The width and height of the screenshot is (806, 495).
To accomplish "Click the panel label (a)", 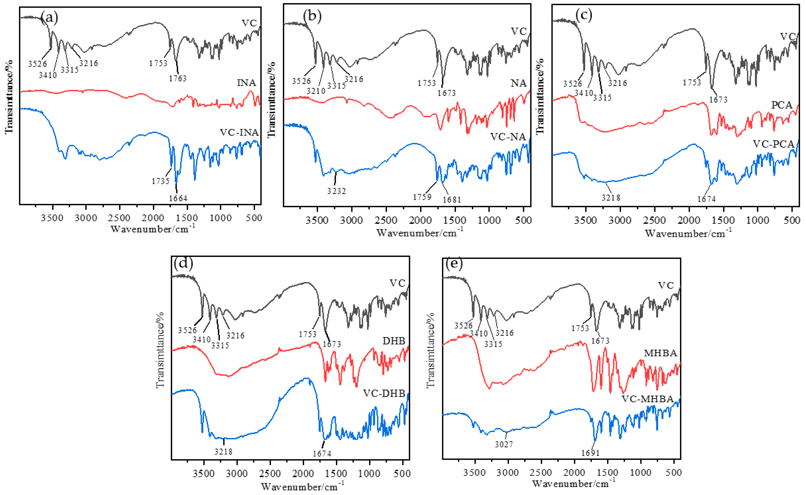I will [x=50, y=17].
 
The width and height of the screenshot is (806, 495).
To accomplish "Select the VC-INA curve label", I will [x=239, y=133].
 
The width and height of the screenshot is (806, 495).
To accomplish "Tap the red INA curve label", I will [x=246, y=83].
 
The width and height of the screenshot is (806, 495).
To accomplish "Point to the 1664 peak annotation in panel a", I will [x=178, y=198].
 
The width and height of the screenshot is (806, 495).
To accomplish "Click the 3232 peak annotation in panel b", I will [x=336, y=191].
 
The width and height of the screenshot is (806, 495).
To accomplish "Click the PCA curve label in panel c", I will [x=782, y=105].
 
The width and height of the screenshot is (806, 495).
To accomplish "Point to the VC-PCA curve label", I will [x=773, y=144].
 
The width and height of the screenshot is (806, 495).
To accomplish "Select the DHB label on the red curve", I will [x=394, y=341].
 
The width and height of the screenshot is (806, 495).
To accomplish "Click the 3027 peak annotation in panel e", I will [x=504, y=444].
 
